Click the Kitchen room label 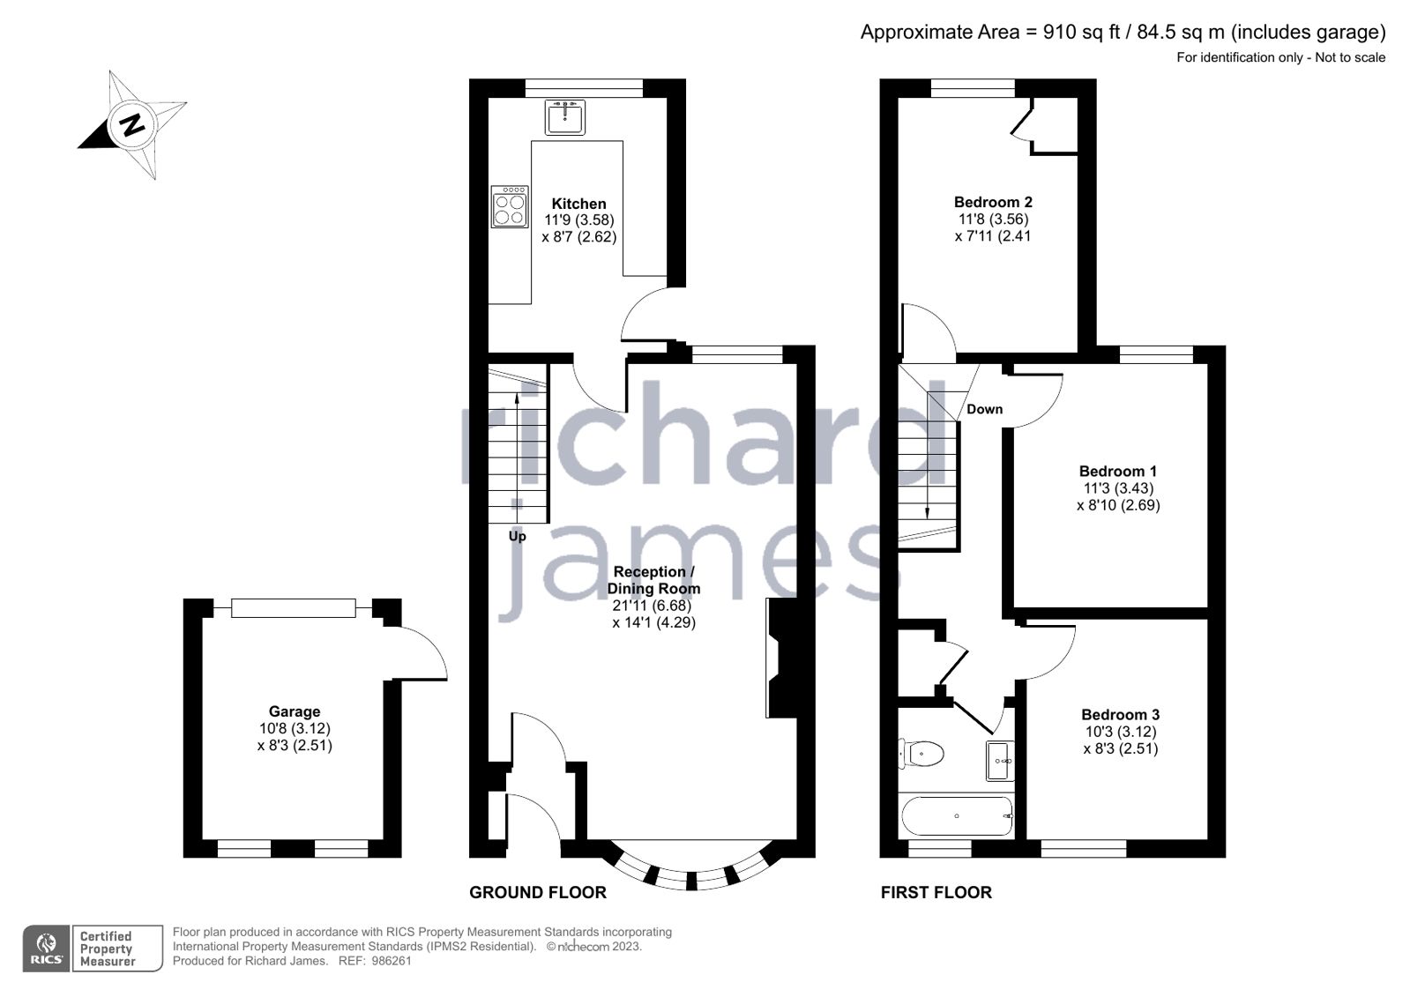578,204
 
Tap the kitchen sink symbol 564,116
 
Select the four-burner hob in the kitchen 510,206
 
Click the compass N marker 132,124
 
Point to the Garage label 295,711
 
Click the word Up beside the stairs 517,536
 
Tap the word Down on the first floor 984,409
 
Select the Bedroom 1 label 1117,472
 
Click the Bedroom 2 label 993,202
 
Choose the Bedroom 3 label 1120,715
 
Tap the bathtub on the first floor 957,816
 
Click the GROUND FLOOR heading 537,892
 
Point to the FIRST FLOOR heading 936,892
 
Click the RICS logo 46,949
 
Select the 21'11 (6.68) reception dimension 652,606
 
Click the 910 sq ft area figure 1081,33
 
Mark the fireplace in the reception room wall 780,658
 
